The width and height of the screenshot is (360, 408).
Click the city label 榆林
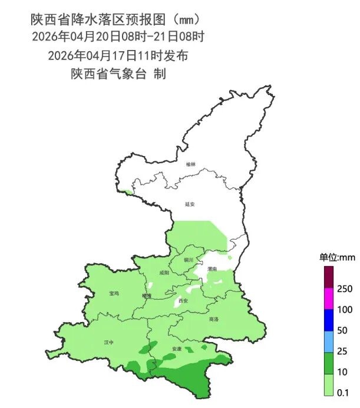pos(190,164)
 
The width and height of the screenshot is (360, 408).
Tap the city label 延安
pos(190,204)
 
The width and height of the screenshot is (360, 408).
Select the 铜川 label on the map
pos(189,259)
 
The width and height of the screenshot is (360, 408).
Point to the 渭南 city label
pos(213,268)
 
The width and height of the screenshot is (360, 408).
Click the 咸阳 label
pos(164,273)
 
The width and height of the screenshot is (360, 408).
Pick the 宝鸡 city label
pos(114,293)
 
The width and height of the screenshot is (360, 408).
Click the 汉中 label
pos(108,341)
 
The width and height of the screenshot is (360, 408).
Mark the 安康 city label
pos(177,349)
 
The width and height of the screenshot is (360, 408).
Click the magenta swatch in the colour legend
pos(329,298)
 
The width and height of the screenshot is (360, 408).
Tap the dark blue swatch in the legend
pos(329,320)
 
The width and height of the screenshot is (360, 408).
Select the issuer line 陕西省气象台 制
pos(118,74)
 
